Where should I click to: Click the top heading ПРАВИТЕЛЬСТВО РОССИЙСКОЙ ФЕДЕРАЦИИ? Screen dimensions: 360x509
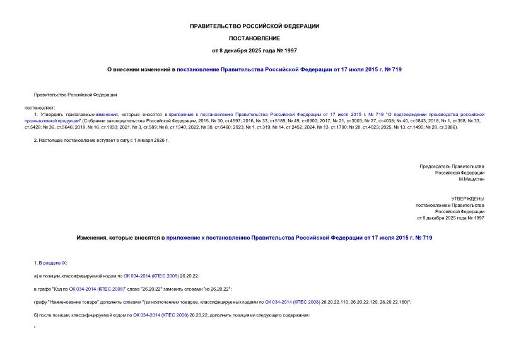254,26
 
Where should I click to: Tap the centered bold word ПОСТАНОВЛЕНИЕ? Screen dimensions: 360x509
254,38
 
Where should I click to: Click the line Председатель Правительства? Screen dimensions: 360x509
452,166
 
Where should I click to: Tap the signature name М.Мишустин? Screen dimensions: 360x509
471,179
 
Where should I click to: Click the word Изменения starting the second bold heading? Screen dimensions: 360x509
93,238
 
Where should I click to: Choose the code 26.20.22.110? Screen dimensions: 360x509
337,302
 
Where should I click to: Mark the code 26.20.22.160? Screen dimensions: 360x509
392,302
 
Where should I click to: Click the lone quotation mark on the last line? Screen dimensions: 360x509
34,328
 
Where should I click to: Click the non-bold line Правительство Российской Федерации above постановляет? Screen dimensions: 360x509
75,95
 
